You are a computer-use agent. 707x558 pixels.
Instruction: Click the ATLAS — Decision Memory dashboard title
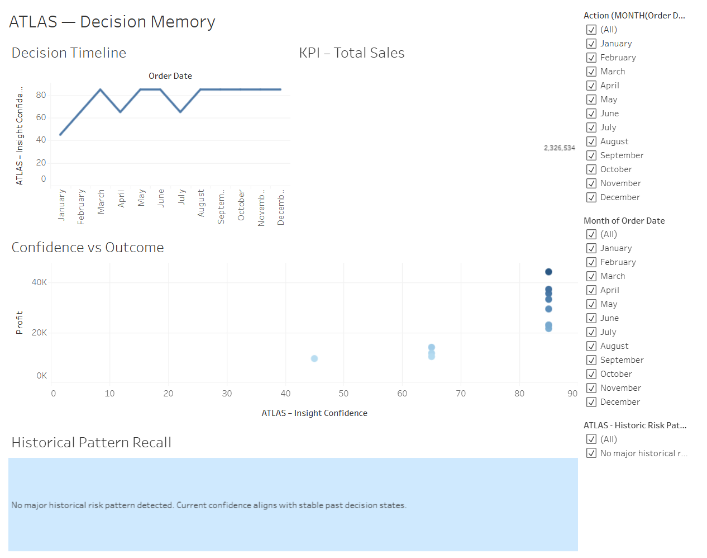(x=112, y=22)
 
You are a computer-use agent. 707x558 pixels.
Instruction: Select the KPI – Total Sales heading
(x=352, y=53)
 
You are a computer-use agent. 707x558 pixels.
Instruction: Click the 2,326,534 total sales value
(x=559, y=148)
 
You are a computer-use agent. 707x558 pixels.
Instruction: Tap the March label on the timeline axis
(x=101, y=202)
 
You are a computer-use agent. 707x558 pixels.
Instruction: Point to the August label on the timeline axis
(x=201, y=203)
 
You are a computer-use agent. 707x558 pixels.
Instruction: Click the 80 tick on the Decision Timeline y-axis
(x=41, y=95)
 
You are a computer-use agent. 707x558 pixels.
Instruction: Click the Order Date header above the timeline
(x=170, y=76)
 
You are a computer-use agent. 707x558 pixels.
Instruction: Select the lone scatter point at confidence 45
(x=314, y=358)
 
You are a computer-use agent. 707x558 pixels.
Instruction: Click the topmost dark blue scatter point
(x=548, y=272)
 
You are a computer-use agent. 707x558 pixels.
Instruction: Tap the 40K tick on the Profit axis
(x=39, y=282)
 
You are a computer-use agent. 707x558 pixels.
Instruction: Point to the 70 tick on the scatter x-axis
(x=461, y=394)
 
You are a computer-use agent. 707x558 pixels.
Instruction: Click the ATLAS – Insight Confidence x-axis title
(x=314, y=413)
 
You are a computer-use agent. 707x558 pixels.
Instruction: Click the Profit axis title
(x=20, y=323)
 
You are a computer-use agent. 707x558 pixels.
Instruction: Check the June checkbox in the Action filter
(x=591, y=114)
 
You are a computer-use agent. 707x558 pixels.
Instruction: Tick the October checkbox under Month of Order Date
(x=591, y=374)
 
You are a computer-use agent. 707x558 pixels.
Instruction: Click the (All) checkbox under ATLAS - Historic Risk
(x=591, y=439)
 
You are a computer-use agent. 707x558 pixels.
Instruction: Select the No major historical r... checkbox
(x=591, y=453)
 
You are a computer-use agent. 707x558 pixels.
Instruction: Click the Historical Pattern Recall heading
(x=92, y=443)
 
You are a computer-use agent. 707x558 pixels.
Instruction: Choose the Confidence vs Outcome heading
(x=88, y=248)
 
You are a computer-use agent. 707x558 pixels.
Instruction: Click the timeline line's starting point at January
(x=61, y=134)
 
